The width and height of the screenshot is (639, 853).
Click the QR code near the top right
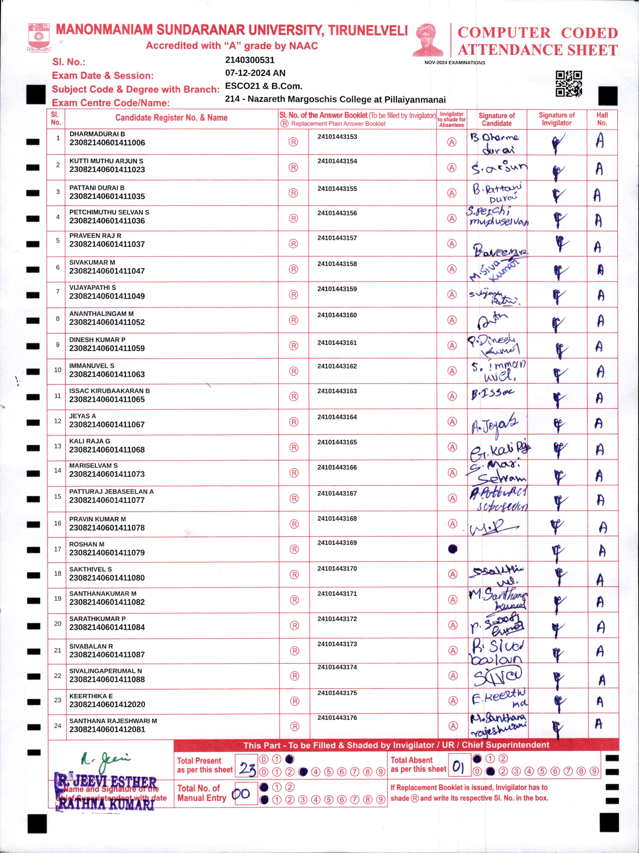tap(568, 83)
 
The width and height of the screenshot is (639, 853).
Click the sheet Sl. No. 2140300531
tap(250, 60)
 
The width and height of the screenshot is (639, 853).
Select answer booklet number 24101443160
tap(337, 315)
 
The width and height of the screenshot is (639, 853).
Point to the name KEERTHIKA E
tap(91, 696)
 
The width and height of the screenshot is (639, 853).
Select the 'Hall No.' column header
tap(602, 119)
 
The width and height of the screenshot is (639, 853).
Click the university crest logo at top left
tap(39, 38)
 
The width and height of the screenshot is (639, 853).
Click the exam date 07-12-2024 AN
tap(255, 73)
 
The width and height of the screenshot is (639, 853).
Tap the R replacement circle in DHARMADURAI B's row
tap(293, 142)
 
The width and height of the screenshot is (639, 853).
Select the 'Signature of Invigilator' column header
tap(556, 119)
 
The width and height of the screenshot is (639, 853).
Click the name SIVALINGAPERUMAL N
tap(105, 671)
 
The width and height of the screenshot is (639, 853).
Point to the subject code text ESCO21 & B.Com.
tap(263, 86)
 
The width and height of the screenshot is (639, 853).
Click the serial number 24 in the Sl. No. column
tap(57, 726)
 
